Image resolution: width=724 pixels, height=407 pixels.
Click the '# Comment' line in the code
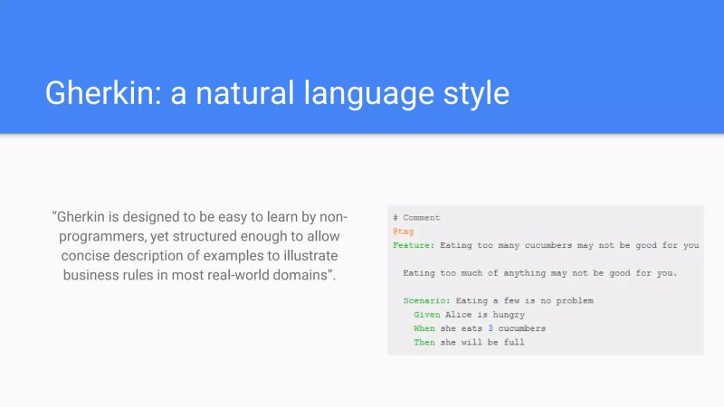tap(416, 218)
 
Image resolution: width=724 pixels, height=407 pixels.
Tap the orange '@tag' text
tap(403, 232)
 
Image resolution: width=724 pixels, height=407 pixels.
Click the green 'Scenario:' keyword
tap(427, 300)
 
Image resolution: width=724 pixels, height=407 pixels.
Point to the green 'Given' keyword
tap(426, 315)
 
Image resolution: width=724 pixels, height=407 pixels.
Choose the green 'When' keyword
tap(424, 328)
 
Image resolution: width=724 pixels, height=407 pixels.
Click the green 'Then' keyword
tap(424, 343)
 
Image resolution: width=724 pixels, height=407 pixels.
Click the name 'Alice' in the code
tap(460, 315)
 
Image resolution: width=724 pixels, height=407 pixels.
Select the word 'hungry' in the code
tap(510, 315)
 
